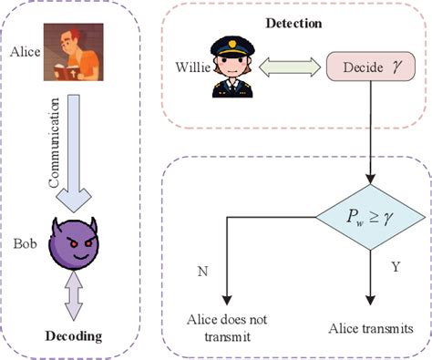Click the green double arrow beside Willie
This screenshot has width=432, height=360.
[291, 67]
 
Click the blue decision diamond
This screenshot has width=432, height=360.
[370, 216]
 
